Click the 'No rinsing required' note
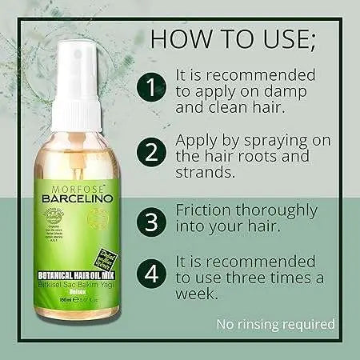[275, 324]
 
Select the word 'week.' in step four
[198, 294]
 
